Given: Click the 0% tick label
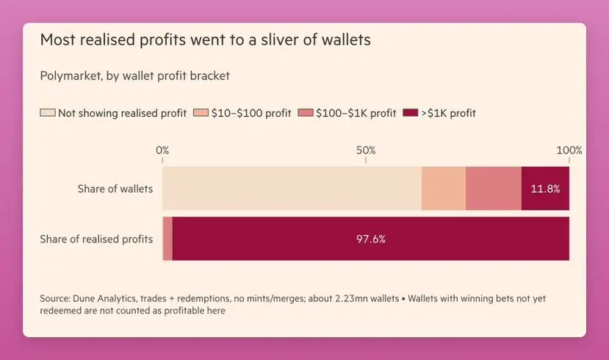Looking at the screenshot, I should pos(162,150).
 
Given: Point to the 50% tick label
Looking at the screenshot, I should pos(366,150).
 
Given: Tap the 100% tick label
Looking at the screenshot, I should pos(569,150).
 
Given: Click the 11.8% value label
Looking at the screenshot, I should pos(545,189).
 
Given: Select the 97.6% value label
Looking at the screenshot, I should pos(371,239).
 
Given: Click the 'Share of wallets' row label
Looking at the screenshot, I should pos(115,189).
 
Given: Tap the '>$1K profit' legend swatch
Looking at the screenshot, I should pos(409,113).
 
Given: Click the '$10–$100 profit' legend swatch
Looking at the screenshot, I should pos(201,113).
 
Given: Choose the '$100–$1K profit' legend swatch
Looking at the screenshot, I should pos(306,113).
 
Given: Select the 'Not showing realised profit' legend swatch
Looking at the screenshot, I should pos(48,113).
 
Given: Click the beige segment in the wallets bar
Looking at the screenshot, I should pos(292,189).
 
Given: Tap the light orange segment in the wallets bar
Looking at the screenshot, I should pos(444,189).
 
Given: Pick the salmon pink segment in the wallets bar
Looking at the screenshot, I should pos(493,189).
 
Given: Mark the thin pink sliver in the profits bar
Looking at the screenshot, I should pos(167,239).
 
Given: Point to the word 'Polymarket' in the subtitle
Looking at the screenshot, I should pos(72,75).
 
